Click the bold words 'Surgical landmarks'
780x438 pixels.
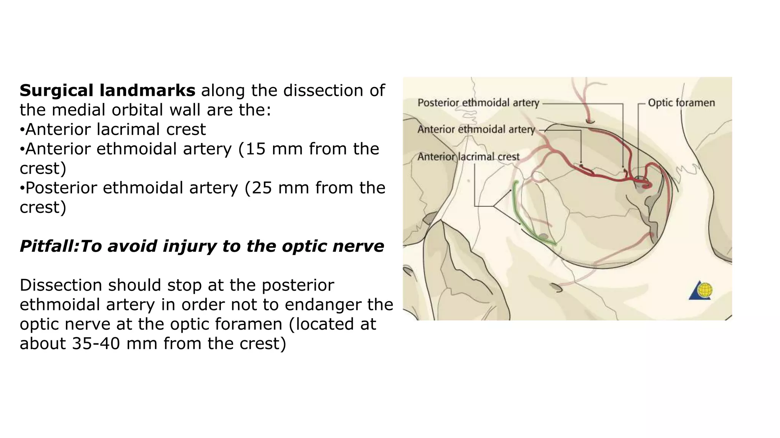tap(107, 90)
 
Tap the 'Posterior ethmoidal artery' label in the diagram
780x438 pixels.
tap(478, 103)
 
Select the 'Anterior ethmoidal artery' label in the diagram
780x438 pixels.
tap(476, 130)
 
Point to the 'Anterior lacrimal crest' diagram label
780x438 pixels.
tap(468, 157)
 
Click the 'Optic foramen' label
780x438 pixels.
tap(681, 103)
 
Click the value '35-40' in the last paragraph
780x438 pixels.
tap(96, 343)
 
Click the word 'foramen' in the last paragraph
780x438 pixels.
tap(226, 324)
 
